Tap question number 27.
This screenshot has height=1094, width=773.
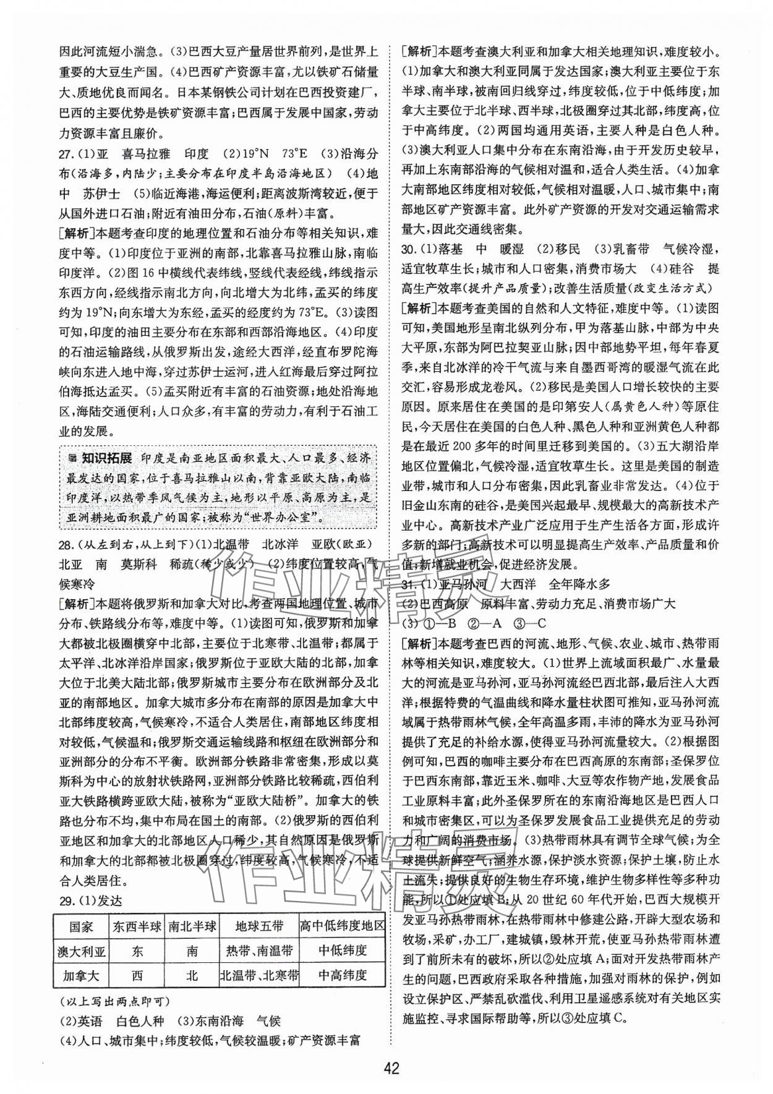[x=66, y=153]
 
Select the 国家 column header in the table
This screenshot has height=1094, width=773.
[x=81, y=926]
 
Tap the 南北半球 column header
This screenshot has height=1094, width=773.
[x=192, y=926]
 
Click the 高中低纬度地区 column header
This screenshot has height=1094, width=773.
[x=342, y=926]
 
